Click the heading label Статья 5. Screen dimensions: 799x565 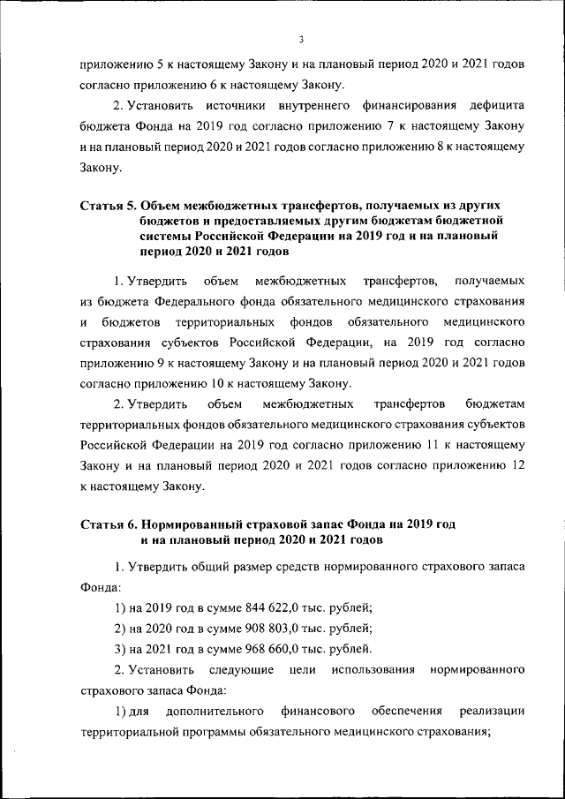pos(109,207)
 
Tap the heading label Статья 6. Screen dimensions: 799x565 pos(109,524)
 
